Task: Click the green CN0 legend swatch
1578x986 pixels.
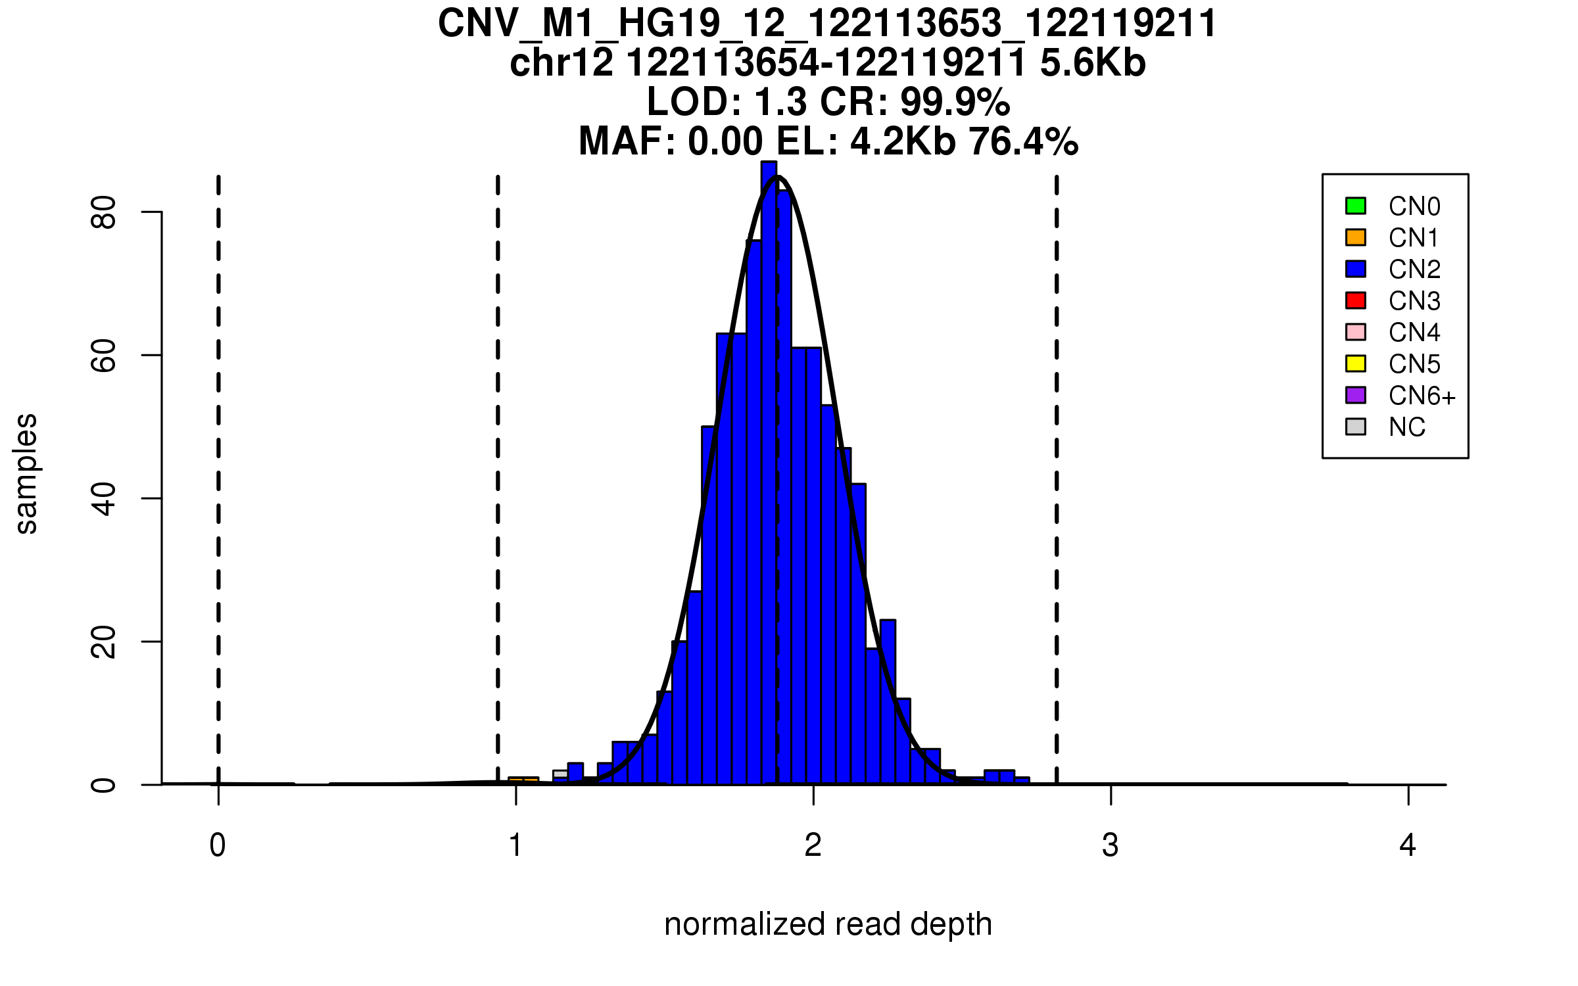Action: click(x=1356, y=206)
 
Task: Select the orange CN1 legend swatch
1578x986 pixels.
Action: click(x=1356, y=237)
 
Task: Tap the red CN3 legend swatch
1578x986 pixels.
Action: click(x=1356, y=300)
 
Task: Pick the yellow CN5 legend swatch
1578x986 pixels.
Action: click(x=1356, y=364)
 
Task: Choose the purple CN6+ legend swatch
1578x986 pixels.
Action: click(x=1356, y=395)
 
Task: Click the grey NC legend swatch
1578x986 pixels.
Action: click(x=1356, y=427)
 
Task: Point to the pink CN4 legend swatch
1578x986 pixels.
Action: click(x=1356, y=332)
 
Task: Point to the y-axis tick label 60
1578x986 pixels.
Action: click(x=104, y=356)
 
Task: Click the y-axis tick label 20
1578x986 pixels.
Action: click(x=104, y=642)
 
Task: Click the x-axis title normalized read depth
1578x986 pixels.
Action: click(x=828, y=924)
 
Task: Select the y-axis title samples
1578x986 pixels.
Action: click(x=26, y=473)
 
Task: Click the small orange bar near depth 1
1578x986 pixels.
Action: click(x=523, y=780)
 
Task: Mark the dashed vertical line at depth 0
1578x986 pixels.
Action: click(x=218, y=460)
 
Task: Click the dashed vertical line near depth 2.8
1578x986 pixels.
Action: click(x=1057, y=460)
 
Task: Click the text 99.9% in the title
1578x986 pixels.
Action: click(x=955, y=103)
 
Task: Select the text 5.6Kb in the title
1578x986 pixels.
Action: click(x=1093, y=64)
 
